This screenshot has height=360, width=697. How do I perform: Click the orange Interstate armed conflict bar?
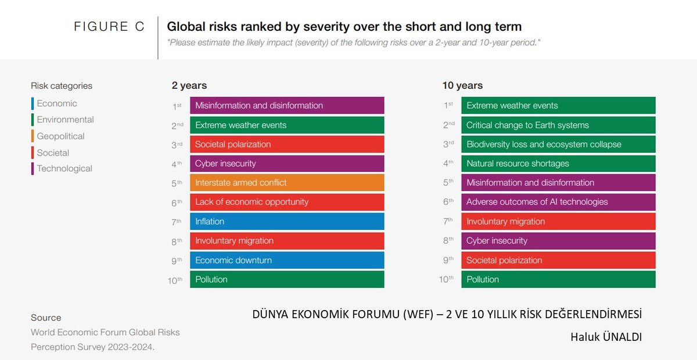[287, 182]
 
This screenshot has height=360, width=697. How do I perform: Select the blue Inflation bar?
[287, 221]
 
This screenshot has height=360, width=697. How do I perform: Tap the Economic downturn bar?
[287, 260]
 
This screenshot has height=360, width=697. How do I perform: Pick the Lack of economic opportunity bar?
[287, 202]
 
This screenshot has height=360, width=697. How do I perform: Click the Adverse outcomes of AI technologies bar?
[558, 202]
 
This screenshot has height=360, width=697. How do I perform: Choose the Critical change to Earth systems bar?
[558, 125]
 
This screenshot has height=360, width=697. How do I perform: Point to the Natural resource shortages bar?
[558, 163]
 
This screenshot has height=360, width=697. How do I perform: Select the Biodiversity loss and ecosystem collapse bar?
[558, 144]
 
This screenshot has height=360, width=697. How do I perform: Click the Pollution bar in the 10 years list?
[558, 279]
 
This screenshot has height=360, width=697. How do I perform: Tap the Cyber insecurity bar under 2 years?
[287, 163]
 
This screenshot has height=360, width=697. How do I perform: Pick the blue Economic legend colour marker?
[33, 103]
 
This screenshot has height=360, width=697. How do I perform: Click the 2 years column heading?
[189, 85]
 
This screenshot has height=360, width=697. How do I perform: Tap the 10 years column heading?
[462, 85]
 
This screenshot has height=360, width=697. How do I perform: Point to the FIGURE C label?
[109, 27]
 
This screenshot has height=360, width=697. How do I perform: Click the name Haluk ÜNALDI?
[606, 337]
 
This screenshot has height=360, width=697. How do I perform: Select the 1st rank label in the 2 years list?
[177, 106]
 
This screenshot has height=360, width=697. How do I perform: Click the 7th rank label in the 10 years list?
[448, 221]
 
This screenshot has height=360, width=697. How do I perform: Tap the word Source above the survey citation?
[46, 318]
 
